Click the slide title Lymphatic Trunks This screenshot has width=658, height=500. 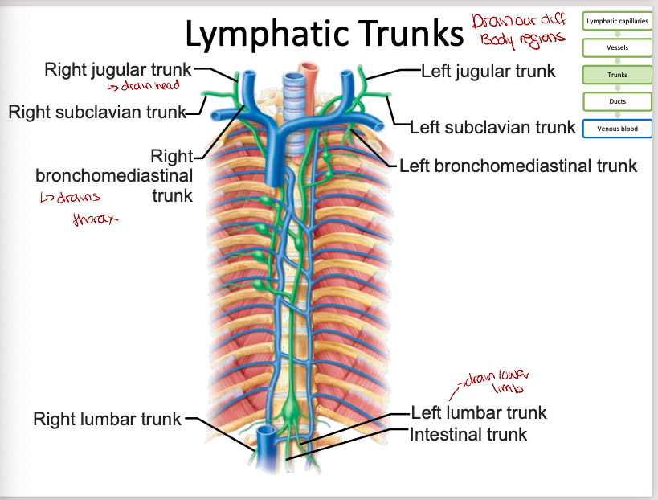pos(324,34)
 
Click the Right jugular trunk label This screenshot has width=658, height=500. pos(118,70)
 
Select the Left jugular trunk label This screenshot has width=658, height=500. pos(488,71)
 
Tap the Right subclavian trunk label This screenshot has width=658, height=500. pos(97,112)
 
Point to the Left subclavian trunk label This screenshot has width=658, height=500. pos(492,127)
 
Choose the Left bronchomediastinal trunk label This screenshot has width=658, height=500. pos(517,166)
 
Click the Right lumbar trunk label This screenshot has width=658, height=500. pos(108,418)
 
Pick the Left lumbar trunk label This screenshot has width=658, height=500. pos(478,413)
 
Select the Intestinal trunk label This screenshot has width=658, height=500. pos(468,434)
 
